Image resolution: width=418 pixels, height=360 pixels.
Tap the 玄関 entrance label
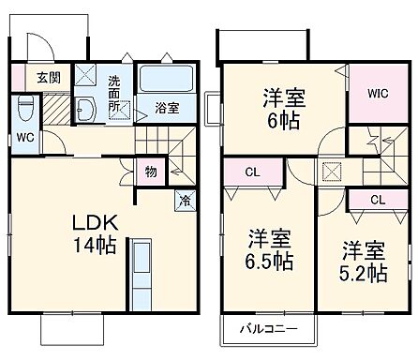pos(50,78)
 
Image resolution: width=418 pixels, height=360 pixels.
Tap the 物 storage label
pos(149,172)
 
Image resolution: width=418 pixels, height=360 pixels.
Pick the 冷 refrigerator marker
pos(184,199)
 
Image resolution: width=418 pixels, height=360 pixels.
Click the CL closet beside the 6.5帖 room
pos(253,172)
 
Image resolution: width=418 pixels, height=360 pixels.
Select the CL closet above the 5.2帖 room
pos(376,200)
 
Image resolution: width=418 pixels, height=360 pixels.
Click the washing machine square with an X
pos(85,75)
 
